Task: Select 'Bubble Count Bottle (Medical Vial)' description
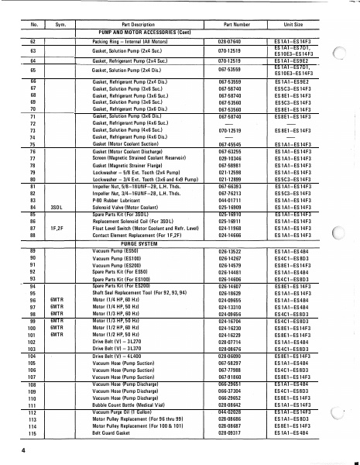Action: pos(130,404)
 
